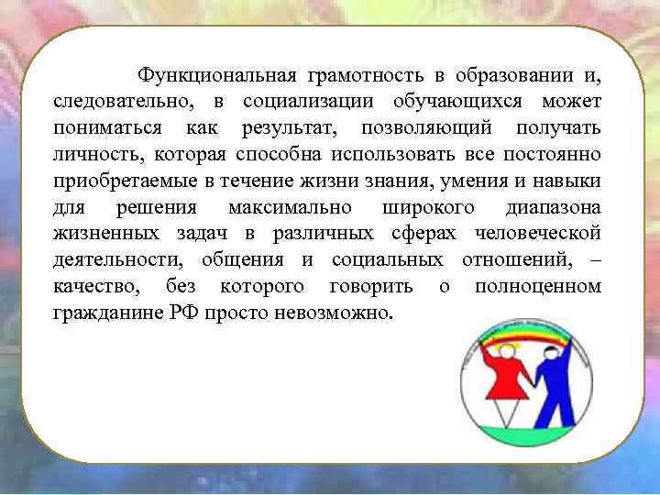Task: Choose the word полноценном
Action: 537,286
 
